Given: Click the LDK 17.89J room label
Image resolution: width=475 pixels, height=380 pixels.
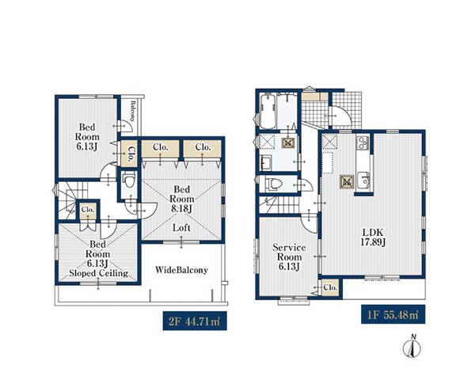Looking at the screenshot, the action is (373, 237).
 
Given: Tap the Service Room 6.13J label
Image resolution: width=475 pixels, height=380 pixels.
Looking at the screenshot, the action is (289, 257).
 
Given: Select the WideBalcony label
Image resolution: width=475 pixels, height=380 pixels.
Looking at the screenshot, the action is (181, 270).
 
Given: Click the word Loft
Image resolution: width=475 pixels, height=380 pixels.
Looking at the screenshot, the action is (181, 227).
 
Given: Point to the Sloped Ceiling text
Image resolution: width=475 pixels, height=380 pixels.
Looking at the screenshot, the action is (98, 273).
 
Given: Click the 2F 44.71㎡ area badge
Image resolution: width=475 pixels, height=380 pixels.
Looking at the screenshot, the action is (195, 321).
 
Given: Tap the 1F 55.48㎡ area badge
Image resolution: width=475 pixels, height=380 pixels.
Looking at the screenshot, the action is (393, 314).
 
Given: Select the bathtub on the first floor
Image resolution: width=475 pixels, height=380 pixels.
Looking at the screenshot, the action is (268, 111).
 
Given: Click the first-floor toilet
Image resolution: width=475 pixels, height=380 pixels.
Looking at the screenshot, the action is (273, 184).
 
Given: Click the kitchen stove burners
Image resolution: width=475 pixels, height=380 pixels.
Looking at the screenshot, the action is (363, 142).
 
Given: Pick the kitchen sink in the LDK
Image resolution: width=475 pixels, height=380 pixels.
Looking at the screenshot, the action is (363, 180).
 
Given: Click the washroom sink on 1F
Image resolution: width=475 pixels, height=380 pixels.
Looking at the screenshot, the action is (266, 164).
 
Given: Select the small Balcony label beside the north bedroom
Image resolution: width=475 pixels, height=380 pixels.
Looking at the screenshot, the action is (132, 111).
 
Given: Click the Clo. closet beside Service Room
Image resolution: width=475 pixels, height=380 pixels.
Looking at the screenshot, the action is (330, 287).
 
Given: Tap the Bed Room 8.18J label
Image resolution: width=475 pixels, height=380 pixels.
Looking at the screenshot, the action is (182, 199).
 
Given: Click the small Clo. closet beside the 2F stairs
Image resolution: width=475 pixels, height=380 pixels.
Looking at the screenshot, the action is (88, 211).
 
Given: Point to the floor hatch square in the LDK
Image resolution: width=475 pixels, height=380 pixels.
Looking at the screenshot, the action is (348, 182).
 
